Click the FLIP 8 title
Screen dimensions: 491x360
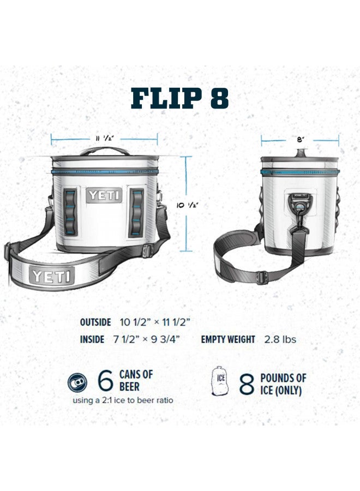(x=180, y=98)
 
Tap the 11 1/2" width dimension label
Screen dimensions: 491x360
(x=104, y=139)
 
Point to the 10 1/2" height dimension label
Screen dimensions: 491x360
(x=186, y=205)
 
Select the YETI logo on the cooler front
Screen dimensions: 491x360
(x=104, y=195)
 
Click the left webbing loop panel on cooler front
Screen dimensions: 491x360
(x=71, y=213)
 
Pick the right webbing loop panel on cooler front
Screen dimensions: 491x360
(x=136, y=213)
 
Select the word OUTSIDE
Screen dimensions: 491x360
(x=95, y=322)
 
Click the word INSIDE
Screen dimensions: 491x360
(x=92, y=339)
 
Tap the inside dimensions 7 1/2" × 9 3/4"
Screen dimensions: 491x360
(x=147, y=339)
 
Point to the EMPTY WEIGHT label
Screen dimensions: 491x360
(x=228, y=339)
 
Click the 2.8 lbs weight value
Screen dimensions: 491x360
(x=280, y=339)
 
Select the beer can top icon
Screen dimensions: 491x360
(x=77, y=382)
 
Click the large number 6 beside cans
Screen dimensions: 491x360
(x=105, y=381)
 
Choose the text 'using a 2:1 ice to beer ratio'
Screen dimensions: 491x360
(x=123, y=400)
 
